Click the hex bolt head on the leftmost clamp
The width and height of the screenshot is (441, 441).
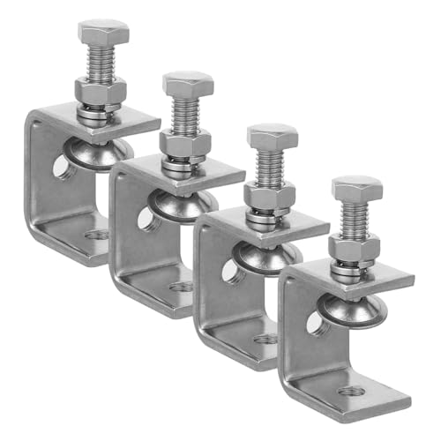click(103, 32)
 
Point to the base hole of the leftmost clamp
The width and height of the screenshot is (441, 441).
click(98, 234)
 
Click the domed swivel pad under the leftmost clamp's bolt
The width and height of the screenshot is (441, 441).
click(98, 152)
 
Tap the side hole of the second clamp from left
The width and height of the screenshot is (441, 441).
click(145, 218)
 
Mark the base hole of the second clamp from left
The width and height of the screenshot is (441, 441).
click(182, 287)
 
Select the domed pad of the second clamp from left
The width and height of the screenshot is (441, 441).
click(181, 204)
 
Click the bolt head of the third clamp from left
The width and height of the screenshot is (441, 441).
click(273, 136)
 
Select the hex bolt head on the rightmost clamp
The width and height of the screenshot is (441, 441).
click(357, 188)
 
